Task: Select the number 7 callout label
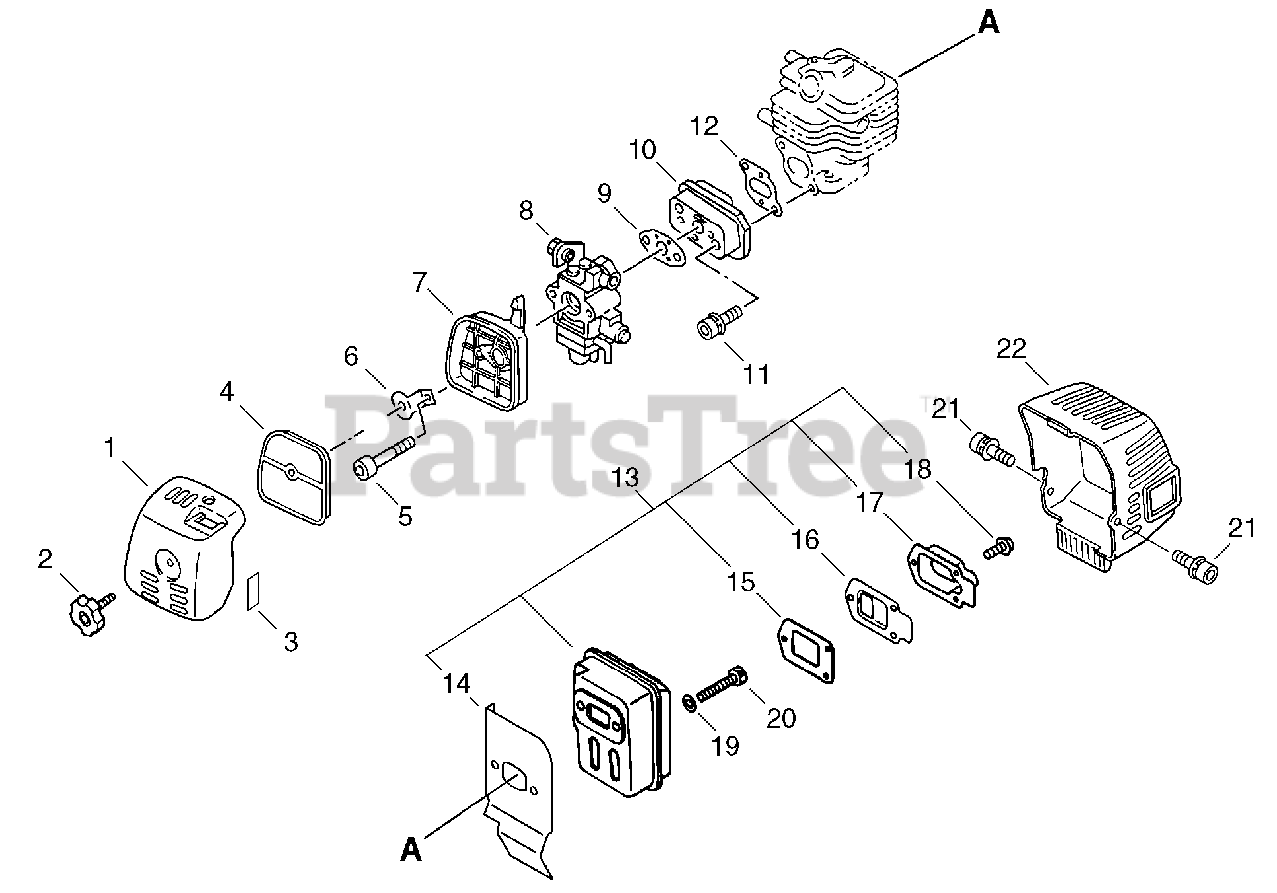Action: click(x=419, y=284)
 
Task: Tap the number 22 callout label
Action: click(x=1011, y=347)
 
